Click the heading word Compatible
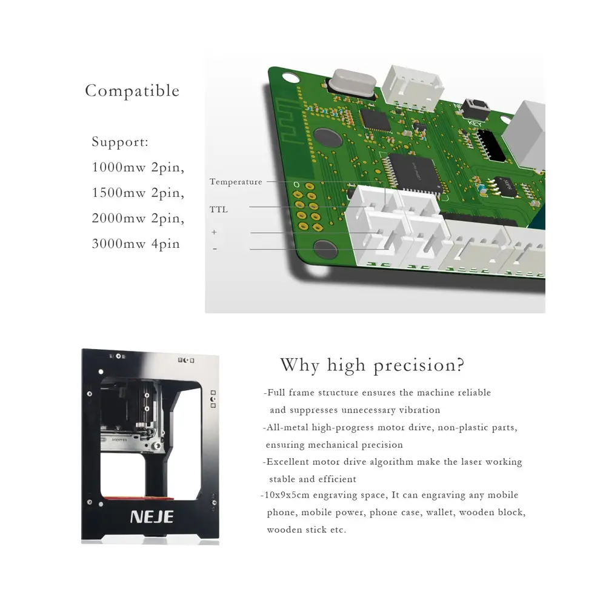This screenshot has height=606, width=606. pyautogui.click(x=132, y=91)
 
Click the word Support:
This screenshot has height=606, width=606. pyautogui.click(x=120, y=142)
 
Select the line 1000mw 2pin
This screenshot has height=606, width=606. pyautogui.click(x=138, y=167)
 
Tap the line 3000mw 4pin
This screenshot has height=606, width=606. pyautogui.click(x=136, y=244)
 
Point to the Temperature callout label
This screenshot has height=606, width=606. pyautogui.click(x=236, y=182)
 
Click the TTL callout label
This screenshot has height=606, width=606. pyautogui.click(x=219, y=210)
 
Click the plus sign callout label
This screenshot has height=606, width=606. pyautogui.click(x=214, y=232)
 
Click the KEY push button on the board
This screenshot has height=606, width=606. pyautogui.click(x=475, y=108)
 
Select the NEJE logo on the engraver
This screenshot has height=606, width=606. pyautogui.click(x=152, y=517)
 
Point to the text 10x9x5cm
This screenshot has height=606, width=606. pyautogui.click(x=287, y=495)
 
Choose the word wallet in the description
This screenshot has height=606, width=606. pyautogui.click(x=441, y=513)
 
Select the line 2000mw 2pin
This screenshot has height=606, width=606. pyautogui.click(x=138, y=218)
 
